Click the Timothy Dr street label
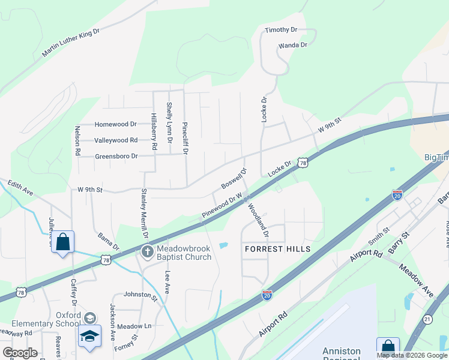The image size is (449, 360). [x=281, y=29]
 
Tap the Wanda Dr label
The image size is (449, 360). [x=292, y=45]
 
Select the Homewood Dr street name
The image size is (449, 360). [x=116, y=124]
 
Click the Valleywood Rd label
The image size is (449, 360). [x=116, y=140]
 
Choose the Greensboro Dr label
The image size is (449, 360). [x=116, y=156]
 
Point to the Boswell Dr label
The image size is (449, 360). [x=234, y=178]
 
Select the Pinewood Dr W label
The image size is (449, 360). [x=221, y=205]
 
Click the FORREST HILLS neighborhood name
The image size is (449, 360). [x=277, y=249]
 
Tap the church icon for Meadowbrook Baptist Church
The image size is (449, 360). [x=146, y=252]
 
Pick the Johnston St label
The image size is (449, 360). [x=140, y=295]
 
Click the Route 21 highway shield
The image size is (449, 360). [x=427, y=319]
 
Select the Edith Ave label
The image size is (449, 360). [x=20, y=190]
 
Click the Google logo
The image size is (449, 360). [x=20, y=352]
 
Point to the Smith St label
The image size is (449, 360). [x=379, y=237]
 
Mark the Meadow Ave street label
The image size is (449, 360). [x=416, y=281]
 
